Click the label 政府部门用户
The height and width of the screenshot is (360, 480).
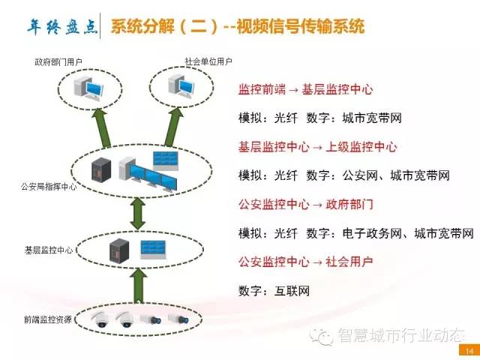coord(58,62)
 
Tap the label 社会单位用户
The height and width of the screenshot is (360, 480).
coord(208,61)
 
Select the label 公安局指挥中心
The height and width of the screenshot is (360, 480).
coord(49,187)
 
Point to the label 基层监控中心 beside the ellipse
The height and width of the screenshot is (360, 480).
coord(49,250)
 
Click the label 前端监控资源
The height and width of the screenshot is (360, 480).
coord(48,319)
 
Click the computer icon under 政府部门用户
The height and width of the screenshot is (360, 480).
coord(88,88)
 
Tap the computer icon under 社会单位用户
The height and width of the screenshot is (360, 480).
coord(181,87)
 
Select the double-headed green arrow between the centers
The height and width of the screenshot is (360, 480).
coord(138,214)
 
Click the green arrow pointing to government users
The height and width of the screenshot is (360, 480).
coord(103,128)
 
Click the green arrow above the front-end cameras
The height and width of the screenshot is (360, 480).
coord(139,286)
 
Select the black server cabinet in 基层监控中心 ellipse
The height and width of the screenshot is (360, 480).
coord(119,251)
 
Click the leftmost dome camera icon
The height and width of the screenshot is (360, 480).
coord(101,320)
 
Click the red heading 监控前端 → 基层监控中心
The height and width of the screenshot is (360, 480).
coord(305,90)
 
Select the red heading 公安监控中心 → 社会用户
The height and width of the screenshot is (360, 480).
coord(305,262)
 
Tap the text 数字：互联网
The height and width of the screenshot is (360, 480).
coord(274,291)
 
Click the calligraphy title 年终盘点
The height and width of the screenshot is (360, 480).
coord(62,27)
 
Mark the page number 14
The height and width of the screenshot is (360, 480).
coord(469,351)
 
